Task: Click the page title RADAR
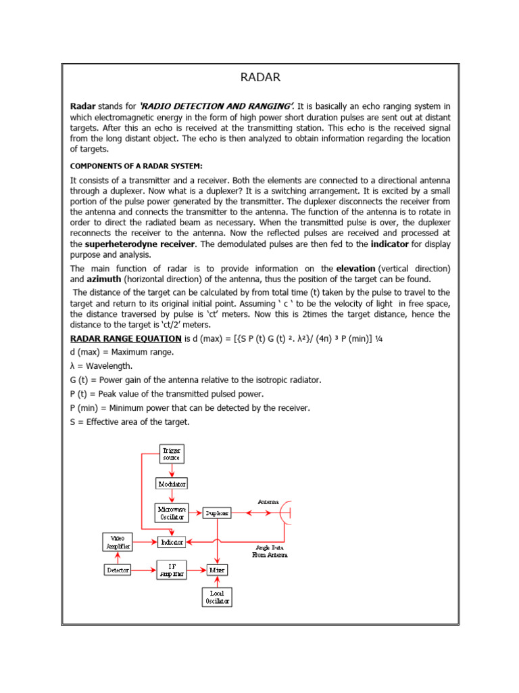[260, 77]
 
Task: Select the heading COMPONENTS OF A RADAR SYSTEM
[137, 166]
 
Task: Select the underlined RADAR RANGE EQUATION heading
[126, 338]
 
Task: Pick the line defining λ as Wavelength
[103, 365]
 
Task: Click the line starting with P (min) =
[191, 407]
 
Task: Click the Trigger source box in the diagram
[172, 453]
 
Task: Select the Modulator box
[172, 484]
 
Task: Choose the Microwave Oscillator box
[172, 513]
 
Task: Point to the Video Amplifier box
[117, 541]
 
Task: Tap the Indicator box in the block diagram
[172, 541]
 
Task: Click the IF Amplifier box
[172, 570]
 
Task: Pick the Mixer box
[217, 571]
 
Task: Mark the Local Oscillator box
[217, 597]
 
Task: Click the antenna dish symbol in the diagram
[287, 513]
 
